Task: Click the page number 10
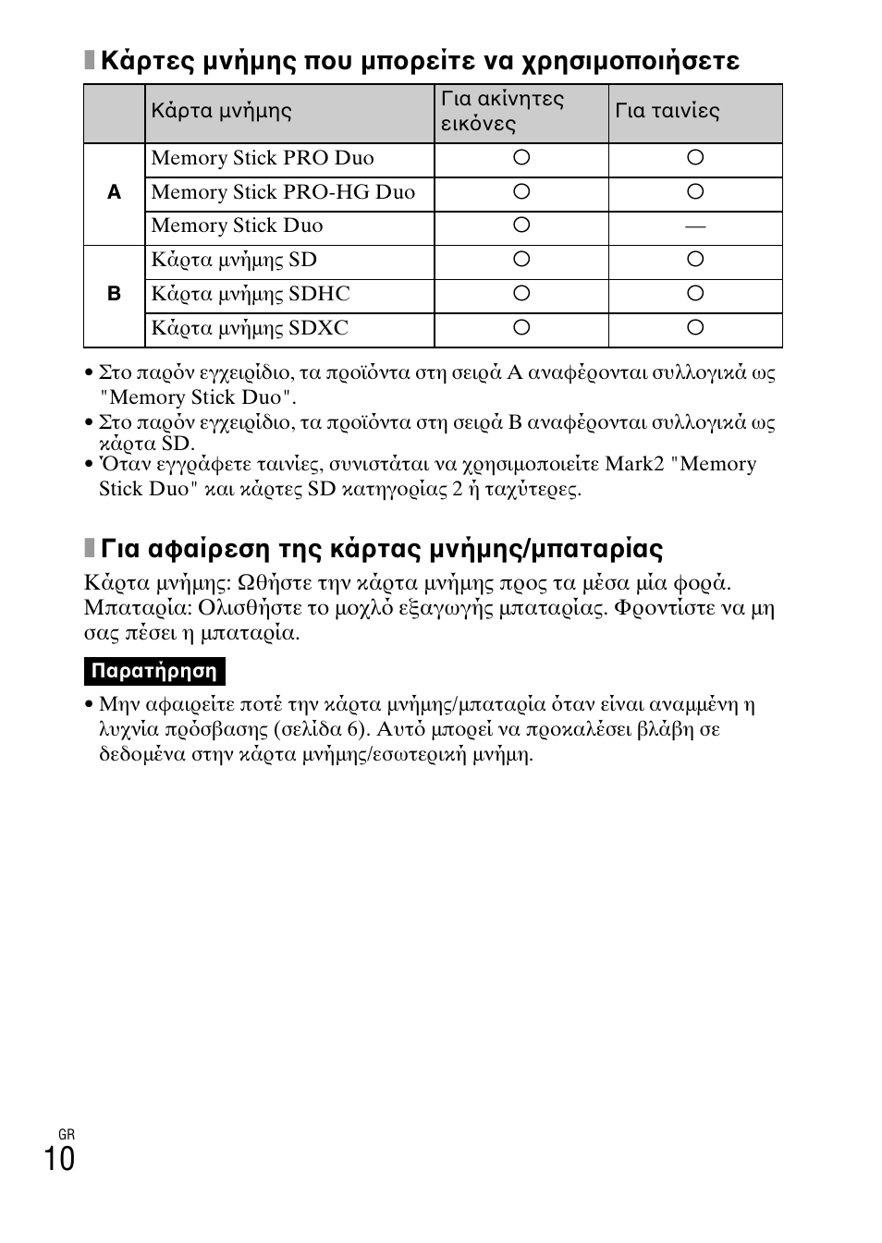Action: [59, 1158]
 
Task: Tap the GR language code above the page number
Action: [66, 1134]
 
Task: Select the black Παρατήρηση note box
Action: [154, 671]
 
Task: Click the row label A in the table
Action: [114, 193]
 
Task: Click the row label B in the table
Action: [114, 295]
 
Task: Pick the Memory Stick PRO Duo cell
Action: [263, 158]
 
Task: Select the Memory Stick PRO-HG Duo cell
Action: [283, 192]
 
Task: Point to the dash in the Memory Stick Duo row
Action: [695, 226]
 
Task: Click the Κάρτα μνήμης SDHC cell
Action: [251, 294]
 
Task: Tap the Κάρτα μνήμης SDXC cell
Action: [250, 328]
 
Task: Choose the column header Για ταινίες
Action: [668, 111]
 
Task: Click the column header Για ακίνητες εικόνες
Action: [502, 111]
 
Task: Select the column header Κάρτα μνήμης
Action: [221, 111]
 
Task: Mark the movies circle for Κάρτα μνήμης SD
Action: [695, 260]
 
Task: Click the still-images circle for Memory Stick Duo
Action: [521, 225]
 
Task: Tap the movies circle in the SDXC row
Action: [695, 327]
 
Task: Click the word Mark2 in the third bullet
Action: [637, 464]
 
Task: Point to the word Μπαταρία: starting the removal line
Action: [138, 608]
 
